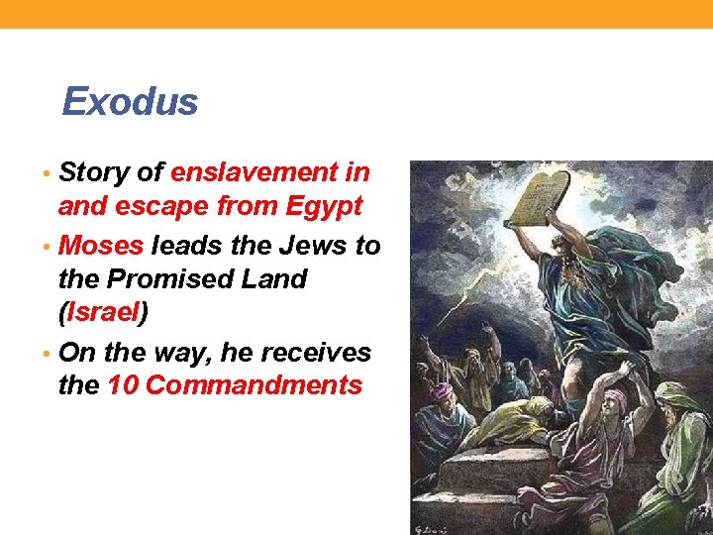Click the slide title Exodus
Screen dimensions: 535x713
click(x=130, y=102)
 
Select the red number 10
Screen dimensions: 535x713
click(x=122, y=385)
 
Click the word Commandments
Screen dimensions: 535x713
click(x=254, y=385)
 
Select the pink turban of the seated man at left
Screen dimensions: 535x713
click(x=441, y=392)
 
